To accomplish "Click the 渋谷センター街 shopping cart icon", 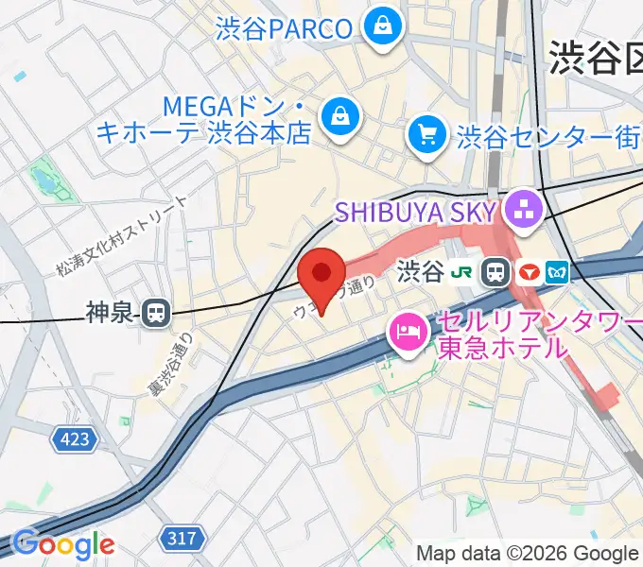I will tap(426, 135).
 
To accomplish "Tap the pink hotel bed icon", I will tap(408, 333).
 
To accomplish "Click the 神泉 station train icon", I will tap(154, 312).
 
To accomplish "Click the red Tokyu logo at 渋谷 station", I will tap(530, 273).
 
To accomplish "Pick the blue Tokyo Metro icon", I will tap(556, 273).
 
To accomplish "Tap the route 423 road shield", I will tap(72, 439).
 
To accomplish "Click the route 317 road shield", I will tap(183, 539).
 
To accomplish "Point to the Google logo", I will tap(62, 544).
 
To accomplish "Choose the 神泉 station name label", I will tap(112, 313).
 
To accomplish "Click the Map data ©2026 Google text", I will tap(528, 553).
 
